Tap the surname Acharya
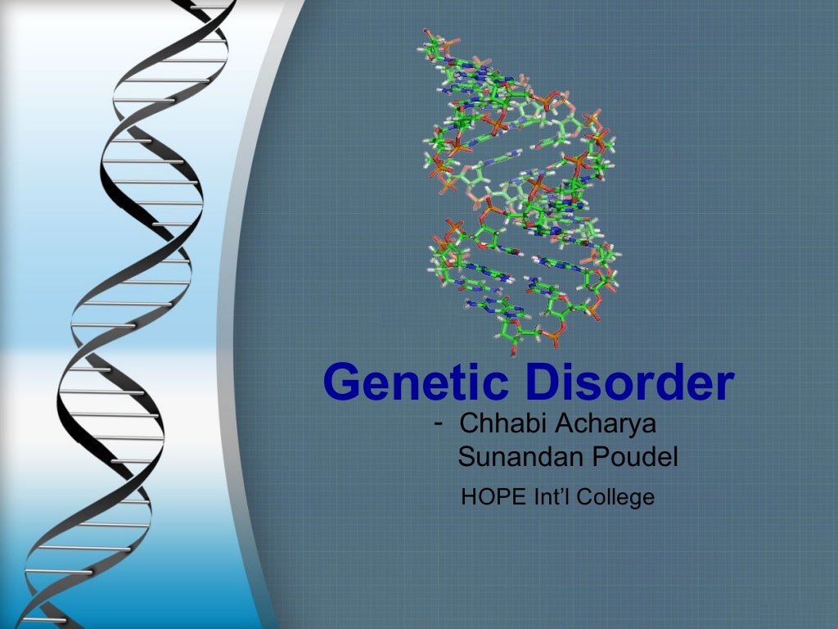(607, 425)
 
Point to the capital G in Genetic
(344, 382)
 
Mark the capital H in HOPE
(469, 496)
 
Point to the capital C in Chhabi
(469, 425)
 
